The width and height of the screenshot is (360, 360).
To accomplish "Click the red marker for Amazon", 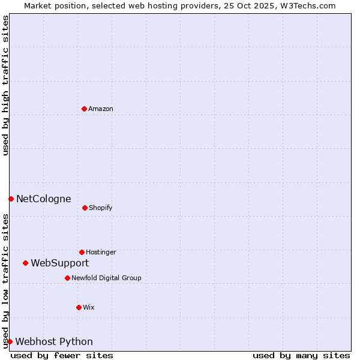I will [84, 109].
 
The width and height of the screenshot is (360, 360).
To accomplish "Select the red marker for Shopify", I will [85, 208].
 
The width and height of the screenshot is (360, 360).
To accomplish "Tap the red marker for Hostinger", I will [82, 252].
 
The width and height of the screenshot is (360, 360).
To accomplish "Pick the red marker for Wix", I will [79, 307].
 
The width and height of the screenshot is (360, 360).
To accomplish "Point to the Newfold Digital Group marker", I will [67, 278].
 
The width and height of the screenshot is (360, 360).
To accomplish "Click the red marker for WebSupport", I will [25, 263].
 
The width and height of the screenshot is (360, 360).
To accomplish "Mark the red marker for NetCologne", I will [11, 199].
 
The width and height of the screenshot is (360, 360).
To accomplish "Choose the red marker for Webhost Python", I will [10, 341].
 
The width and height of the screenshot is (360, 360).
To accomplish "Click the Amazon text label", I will [101, 109].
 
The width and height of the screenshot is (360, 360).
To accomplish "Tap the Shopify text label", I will [101, 208].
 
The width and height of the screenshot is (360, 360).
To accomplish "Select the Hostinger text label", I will [101, 252].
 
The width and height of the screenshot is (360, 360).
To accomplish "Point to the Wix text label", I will [89, 307].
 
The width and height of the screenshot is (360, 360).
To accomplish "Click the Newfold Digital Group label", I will [106, 278].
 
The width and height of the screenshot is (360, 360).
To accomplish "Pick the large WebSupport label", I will [60, 263].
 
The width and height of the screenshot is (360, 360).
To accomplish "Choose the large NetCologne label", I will [44, 199].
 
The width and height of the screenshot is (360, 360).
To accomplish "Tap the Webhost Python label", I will [54, 341].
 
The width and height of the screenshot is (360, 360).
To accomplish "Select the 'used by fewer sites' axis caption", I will [62, 355].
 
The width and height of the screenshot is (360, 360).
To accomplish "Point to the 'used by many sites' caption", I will [301, 355].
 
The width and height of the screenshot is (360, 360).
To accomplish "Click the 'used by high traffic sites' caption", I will [5, 85].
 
